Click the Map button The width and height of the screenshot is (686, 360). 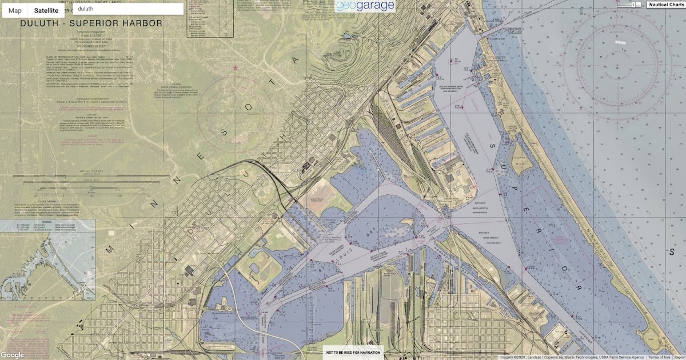pyautogui.click(x=15, y=10)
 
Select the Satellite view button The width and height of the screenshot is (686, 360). pyautogui.click(x=46, y=10)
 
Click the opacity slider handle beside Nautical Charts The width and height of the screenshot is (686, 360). pyautogui.click(x=636, y=5)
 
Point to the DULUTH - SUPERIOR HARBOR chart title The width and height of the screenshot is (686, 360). pyautogui.click(x=91, y=23)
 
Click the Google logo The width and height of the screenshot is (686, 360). pyautogui.click(x=12, y=355)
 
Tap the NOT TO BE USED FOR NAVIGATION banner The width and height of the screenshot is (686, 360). pyautogui.click(x=353, y=353)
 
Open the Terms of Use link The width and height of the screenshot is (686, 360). pyautogui.click(x=659, y=357)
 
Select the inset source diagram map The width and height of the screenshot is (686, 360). pyautogui.click(x=47, y=260)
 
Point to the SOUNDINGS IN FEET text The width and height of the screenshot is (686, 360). pyautogui.click(x=91, y=46)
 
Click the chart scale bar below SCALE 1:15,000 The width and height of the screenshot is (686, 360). pyautogui.click(x=91, y=182)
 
